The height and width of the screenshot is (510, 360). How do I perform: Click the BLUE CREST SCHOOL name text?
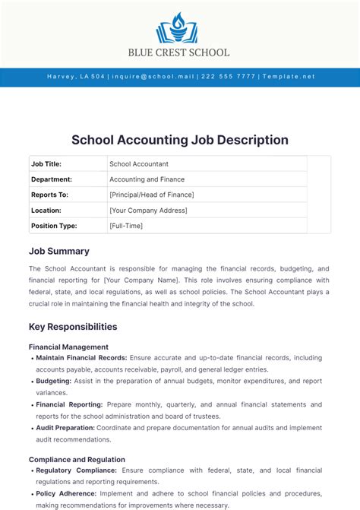pos(180,53)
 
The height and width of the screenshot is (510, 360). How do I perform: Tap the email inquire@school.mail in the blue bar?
pos(154,77)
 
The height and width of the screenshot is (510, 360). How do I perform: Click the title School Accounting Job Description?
pos(180,140)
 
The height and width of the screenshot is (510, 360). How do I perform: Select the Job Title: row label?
pos(46,163)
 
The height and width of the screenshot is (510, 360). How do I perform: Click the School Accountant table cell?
pos(139,163)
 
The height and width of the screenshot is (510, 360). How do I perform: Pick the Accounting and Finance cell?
pos(147,179)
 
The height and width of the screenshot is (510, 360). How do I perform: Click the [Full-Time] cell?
pos(126,226)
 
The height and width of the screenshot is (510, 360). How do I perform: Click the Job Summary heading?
pos(59,251)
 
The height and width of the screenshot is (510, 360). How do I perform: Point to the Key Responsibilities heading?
pos(73,327)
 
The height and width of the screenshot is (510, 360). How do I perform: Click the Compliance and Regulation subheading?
pos(77,459)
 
